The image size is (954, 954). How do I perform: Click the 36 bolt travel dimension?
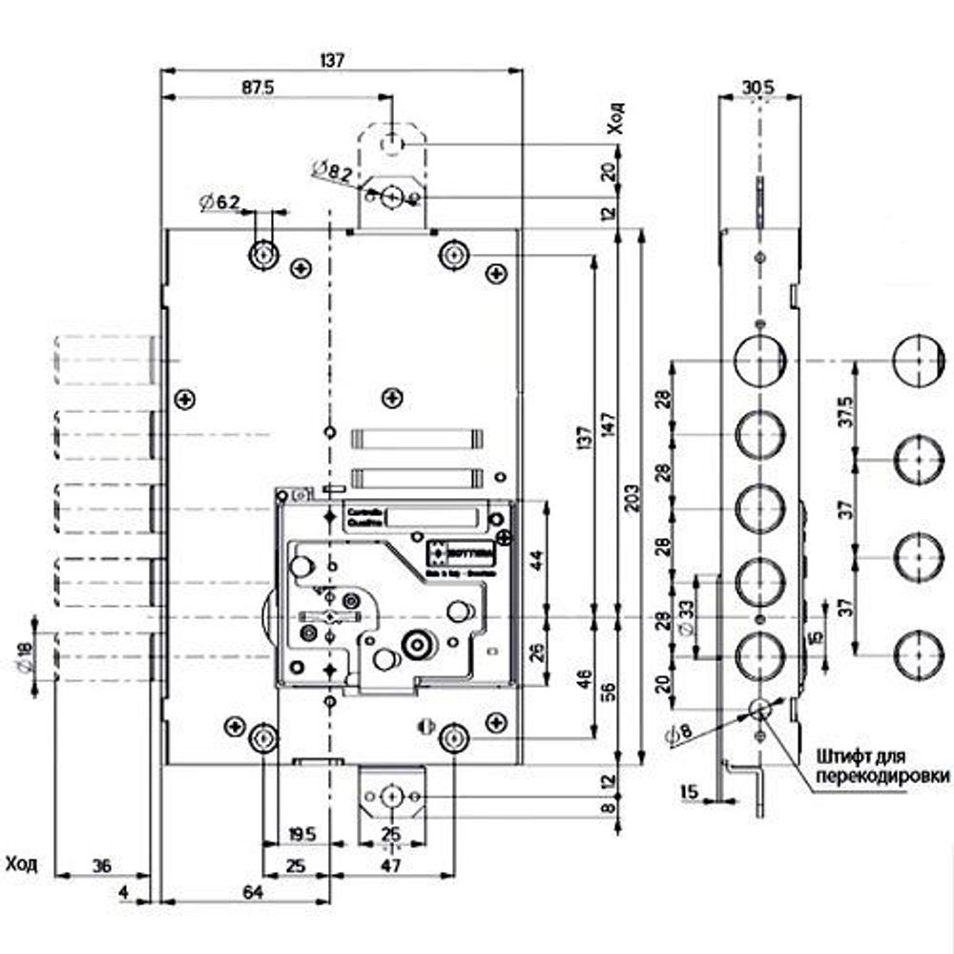coord(103,866)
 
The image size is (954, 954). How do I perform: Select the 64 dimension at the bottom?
coord(252,893)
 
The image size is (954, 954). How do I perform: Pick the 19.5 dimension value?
coord(301,834)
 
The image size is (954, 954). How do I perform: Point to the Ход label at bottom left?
coord(21,864)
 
